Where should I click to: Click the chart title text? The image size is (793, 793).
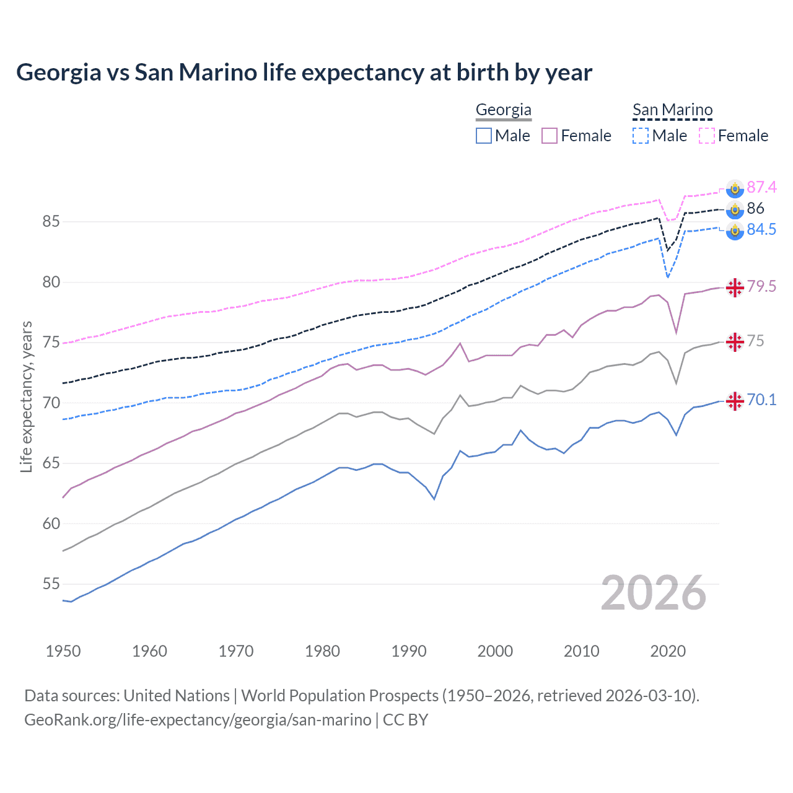304,72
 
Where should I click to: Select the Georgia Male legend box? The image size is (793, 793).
484,136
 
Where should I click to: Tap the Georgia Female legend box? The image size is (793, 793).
550,136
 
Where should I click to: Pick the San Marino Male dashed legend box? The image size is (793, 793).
641,136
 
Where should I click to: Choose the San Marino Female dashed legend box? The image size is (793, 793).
707,136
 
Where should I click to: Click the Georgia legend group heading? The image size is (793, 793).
503,110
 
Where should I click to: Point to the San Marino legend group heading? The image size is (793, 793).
672,110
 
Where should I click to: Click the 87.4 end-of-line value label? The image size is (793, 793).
761,188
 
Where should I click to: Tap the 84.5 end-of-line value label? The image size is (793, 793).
761,230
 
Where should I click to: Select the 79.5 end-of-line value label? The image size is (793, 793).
761,286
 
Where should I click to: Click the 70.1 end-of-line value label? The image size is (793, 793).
761,400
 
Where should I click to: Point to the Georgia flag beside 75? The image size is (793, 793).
735,342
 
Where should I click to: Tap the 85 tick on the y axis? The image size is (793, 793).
51,221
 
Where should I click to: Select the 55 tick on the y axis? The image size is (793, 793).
51,584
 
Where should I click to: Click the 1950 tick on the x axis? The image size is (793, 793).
63,651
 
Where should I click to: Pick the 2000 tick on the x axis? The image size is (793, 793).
495,651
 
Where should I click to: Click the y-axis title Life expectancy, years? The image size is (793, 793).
27,396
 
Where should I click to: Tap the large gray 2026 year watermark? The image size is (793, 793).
654,593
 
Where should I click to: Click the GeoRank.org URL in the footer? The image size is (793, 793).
198,720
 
